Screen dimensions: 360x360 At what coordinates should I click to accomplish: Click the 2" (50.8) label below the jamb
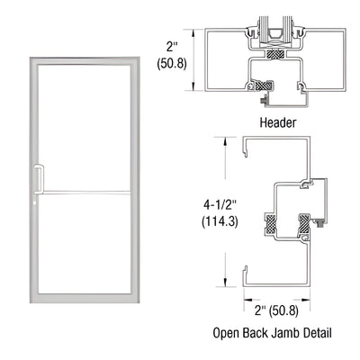(x=279, y=312)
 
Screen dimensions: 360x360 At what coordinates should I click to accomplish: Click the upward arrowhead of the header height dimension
(x=196, y=31)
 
